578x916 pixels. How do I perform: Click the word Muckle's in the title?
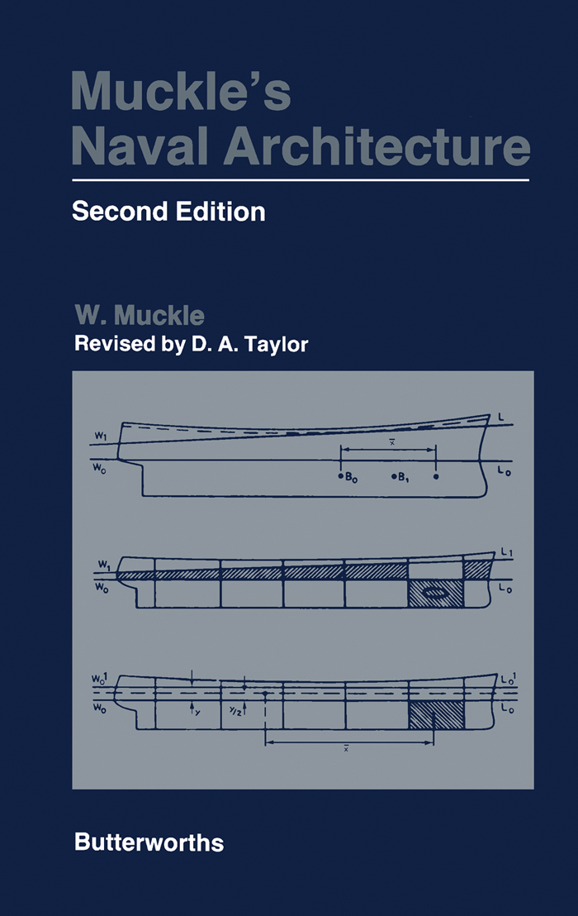click(181, 92)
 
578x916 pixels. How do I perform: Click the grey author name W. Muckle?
click(140, 316)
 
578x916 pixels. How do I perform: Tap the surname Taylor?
click(276, 345)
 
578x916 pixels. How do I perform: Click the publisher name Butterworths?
click(149, 843)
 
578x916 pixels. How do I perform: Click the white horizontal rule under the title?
click(301, 180)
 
